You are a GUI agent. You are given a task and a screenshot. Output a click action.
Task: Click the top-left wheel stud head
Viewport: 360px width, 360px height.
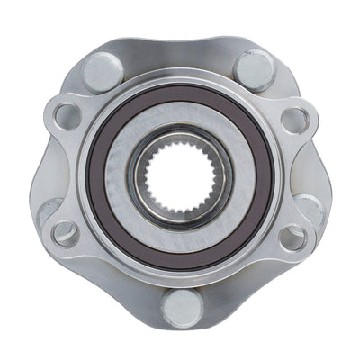(x=103, y=69)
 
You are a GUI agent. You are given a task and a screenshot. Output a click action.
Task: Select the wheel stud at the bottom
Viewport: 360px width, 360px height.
(x=179, y=307)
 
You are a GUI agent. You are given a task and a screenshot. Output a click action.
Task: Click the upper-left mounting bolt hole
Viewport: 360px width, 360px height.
(x=66, y=115)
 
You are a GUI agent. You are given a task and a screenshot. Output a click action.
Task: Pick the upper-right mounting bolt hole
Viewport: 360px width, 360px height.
(x=293, y=117)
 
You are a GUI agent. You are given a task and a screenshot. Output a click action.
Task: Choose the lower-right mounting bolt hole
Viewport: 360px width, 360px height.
(x=293, y=237)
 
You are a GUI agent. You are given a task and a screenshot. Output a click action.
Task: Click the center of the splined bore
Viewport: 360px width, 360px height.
(x=179, y=175)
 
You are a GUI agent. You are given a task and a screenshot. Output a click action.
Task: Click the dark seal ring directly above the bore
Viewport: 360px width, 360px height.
(x=179, y=95)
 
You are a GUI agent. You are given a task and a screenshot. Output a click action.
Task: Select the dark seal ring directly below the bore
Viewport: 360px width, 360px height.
(x=179, y=256)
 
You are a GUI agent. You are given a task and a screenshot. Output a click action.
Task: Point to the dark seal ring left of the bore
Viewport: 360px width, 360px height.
(x=99, y=175)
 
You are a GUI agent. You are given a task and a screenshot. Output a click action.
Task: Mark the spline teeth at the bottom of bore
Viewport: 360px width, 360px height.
(x=179, y=203)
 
